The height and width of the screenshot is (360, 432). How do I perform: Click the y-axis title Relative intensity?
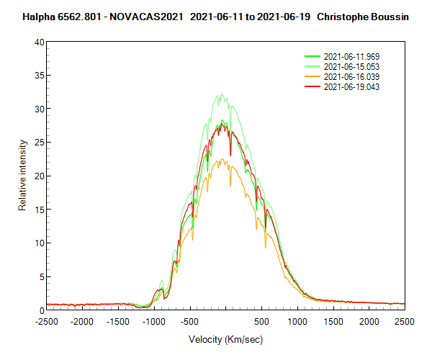22,176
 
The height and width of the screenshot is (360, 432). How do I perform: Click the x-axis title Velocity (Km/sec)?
225,338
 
